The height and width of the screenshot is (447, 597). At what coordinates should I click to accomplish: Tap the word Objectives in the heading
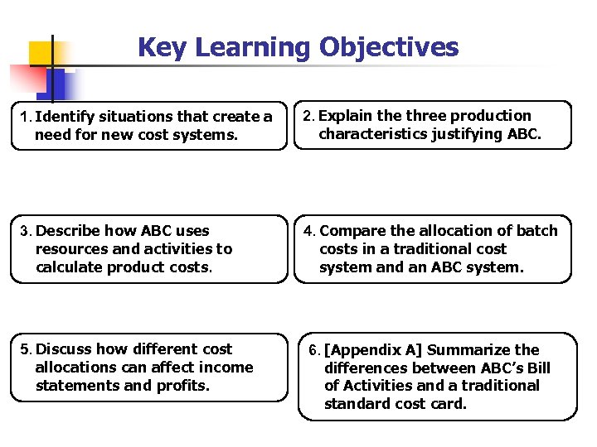[389, 47]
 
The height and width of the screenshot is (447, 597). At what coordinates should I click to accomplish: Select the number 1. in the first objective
[25, 117]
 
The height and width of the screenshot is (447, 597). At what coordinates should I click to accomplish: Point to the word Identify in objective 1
[66, 117]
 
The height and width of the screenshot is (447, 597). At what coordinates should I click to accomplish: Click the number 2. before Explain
[308, 116]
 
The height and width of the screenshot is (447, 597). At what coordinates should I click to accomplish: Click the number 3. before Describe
[26, 231]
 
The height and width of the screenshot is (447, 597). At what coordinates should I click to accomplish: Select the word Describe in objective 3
[70, 231]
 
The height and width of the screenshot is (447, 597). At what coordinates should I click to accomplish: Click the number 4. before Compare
[309, 231]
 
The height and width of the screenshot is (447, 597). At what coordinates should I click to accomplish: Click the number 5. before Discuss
[26, 349]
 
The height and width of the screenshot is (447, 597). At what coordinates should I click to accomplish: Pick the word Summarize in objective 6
[469, 350]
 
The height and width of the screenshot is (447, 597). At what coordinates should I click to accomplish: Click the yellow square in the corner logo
[41, 52]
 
